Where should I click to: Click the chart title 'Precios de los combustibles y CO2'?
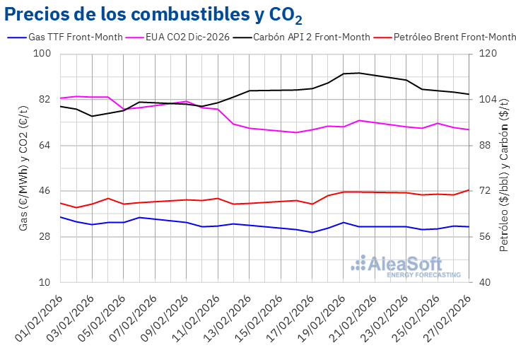[x=146, y=15]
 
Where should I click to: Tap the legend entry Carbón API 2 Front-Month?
[x=312, y=37]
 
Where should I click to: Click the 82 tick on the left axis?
[x=45, y=100]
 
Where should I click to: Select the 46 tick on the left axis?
[x=45, y=191]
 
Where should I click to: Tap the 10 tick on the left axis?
[x=45, y=282]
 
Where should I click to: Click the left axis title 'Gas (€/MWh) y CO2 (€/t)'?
[x=23, y=168]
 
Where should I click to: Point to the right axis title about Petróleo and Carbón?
[x=503, y=168]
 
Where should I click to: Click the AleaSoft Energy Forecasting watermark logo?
[x=406, y=266]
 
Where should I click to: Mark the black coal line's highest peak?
[x=359, y=73]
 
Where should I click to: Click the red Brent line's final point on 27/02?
[x=469, y=190]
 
